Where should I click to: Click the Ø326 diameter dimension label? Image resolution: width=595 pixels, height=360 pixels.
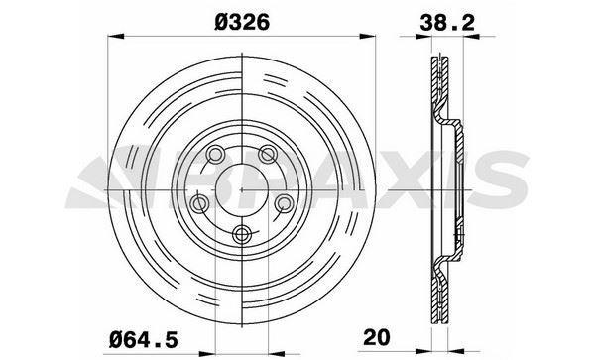242,22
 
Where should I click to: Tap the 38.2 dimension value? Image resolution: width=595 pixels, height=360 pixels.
447,23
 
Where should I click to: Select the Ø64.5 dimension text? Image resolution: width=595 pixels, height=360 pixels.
144,339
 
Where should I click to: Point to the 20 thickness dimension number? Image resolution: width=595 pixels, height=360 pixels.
377,337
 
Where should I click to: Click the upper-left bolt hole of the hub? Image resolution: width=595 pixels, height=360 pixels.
215,155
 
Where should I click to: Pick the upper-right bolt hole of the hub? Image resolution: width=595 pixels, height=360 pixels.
268,154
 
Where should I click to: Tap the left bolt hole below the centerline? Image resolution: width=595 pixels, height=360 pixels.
199,203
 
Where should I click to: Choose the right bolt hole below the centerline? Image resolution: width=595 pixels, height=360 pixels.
284,203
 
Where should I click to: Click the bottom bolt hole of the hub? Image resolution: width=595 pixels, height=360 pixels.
242,234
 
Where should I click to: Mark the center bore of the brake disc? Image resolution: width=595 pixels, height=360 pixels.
242,188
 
